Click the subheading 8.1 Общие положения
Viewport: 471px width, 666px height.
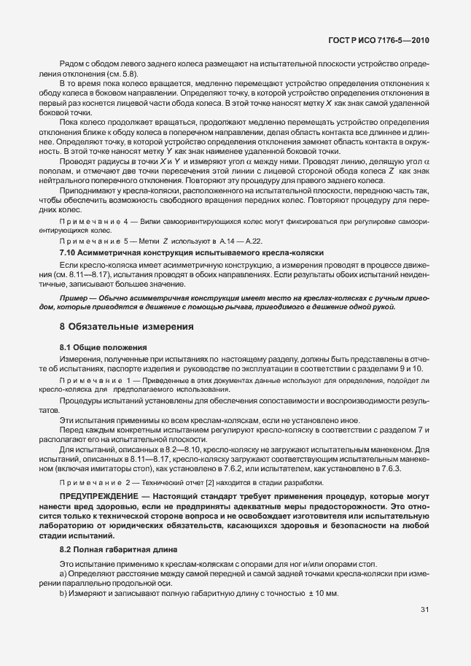[103, 347]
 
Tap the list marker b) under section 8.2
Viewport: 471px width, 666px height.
[63, 595]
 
